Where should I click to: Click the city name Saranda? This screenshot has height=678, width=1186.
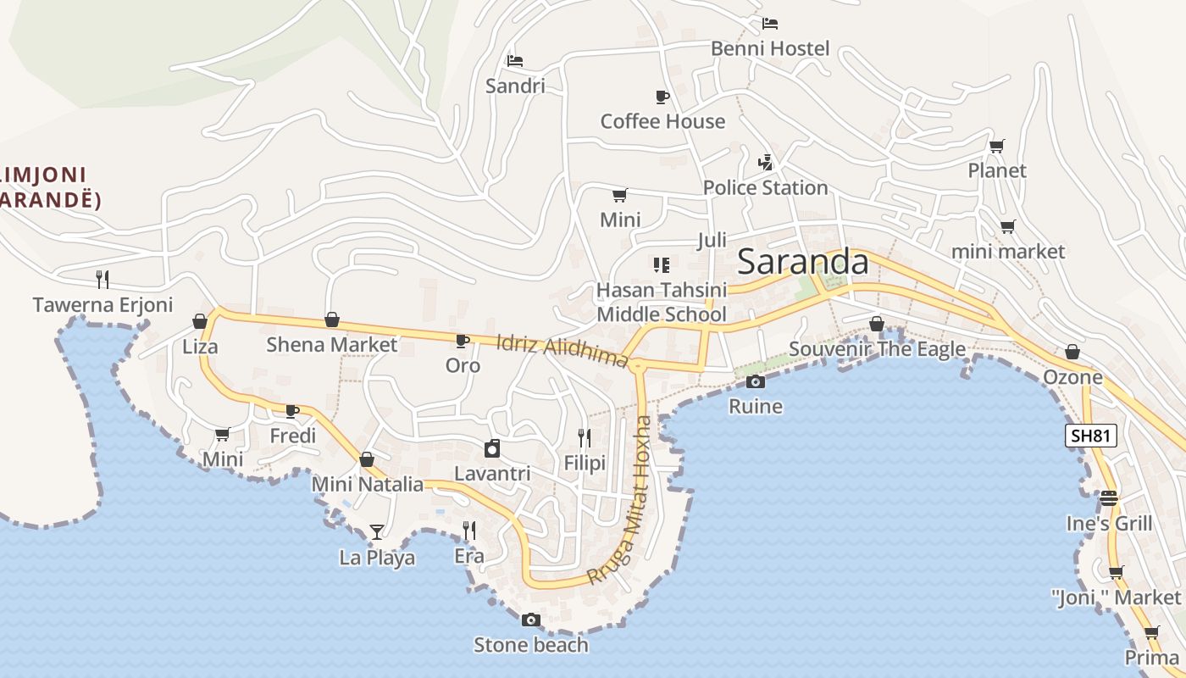[x=802, y=262]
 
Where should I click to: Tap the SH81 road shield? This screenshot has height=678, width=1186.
[x=1091, y=436]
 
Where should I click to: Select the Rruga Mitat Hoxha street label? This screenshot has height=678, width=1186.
[x=622, y=499]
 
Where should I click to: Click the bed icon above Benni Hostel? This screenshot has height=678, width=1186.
[x=769, y=23]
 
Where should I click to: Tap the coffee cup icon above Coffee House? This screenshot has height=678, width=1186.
[x=662, y=97]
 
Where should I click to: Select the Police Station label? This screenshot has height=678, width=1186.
[x=765, y=187]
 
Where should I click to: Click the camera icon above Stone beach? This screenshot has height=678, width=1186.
[x=531, y=620]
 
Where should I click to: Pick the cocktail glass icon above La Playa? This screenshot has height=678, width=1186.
[x=377, y=532]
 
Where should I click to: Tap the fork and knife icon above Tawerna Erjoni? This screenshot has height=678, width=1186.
[x=103, y=279]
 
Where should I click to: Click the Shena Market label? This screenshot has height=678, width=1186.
[x=331, y=345]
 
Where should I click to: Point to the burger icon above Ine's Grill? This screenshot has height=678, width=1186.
[x=1109, y=497]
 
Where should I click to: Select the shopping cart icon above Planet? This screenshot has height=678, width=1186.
[x=997, y=146]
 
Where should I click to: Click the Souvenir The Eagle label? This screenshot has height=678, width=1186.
[x=877, y=349]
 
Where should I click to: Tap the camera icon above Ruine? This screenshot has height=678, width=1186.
[x=756, y=381]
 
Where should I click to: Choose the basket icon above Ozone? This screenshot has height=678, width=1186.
[x=1072, y=352]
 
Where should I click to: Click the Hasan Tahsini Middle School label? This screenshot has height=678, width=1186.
[x=662, y=302]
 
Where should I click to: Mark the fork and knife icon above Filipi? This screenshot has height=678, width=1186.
[x=585, y=437]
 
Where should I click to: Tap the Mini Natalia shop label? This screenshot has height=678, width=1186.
[x=367, y=484]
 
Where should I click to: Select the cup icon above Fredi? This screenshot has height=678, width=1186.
[x=292, y=411]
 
